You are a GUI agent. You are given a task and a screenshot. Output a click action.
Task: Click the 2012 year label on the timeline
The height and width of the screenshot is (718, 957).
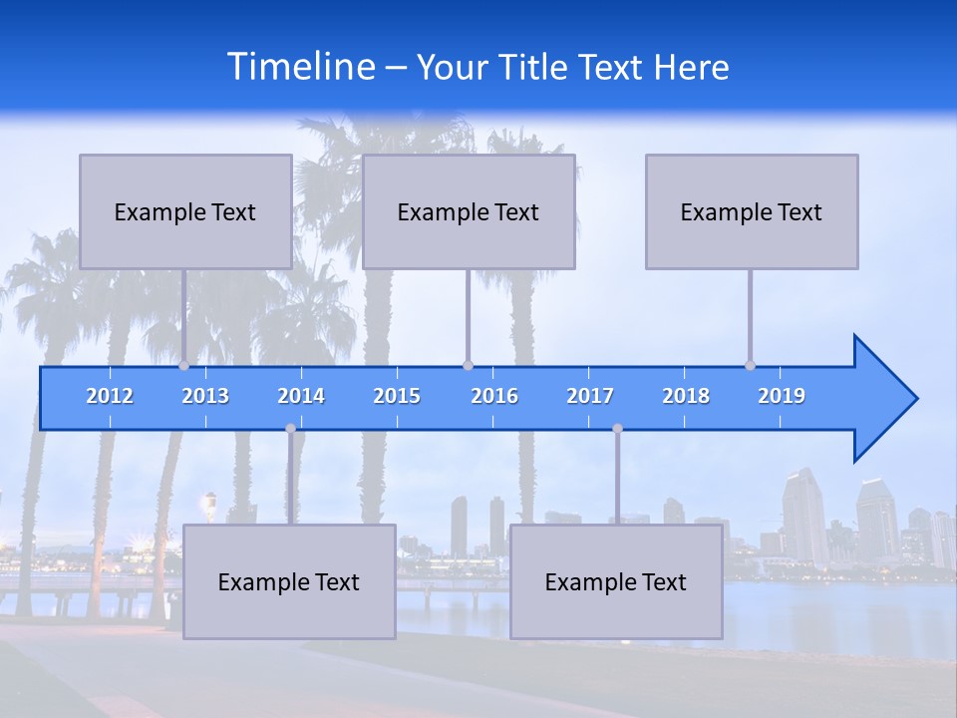click(110, 396)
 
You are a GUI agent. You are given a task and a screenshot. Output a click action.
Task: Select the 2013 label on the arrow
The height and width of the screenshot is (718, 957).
click(205, 396)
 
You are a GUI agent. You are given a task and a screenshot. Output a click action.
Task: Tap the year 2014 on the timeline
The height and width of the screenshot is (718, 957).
click(301, 396)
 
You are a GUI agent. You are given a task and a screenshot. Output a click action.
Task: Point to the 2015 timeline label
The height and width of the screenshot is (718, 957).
click(397, 396)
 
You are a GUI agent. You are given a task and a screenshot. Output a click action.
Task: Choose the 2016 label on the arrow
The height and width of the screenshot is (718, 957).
click(494, 396)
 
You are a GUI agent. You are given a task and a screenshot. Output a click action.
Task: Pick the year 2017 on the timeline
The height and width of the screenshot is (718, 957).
click(590, 396)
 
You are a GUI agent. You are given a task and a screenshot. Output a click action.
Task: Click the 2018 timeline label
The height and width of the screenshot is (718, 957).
click(686, 396)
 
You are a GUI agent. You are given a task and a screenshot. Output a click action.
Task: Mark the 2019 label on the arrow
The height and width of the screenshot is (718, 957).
click(782, 396)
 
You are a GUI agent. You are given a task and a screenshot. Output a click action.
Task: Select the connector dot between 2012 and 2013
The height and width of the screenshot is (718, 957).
click(183, 366)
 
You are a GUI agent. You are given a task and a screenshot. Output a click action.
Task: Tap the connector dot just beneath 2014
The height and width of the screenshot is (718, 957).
click(290, 429)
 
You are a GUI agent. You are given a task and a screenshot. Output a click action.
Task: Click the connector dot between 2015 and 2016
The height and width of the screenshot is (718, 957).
click(468, 366)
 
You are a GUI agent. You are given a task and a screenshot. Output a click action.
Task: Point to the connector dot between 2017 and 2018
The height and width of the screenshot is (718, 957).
click(617, 429)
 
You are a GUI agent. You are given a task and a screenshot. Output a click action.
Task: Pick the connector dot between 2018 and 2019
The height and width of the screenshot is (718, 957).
click(750, 366)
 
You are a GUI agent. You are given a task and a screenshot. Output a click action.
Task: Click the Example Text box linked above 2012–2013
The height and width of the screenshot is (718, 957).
click(185, 211)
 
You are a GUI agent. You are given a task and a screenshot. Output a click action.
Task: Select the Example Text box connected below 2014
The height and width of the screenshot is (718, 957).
click(289, 581)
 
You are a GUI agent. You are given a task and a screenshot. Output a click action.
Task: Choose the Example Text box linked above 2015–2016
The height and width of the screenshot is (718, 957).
click(469, 211)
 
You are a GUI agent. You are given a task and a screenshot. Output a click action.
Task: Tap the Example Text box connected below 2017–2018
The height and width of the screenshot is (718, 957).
click(616, 581)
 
